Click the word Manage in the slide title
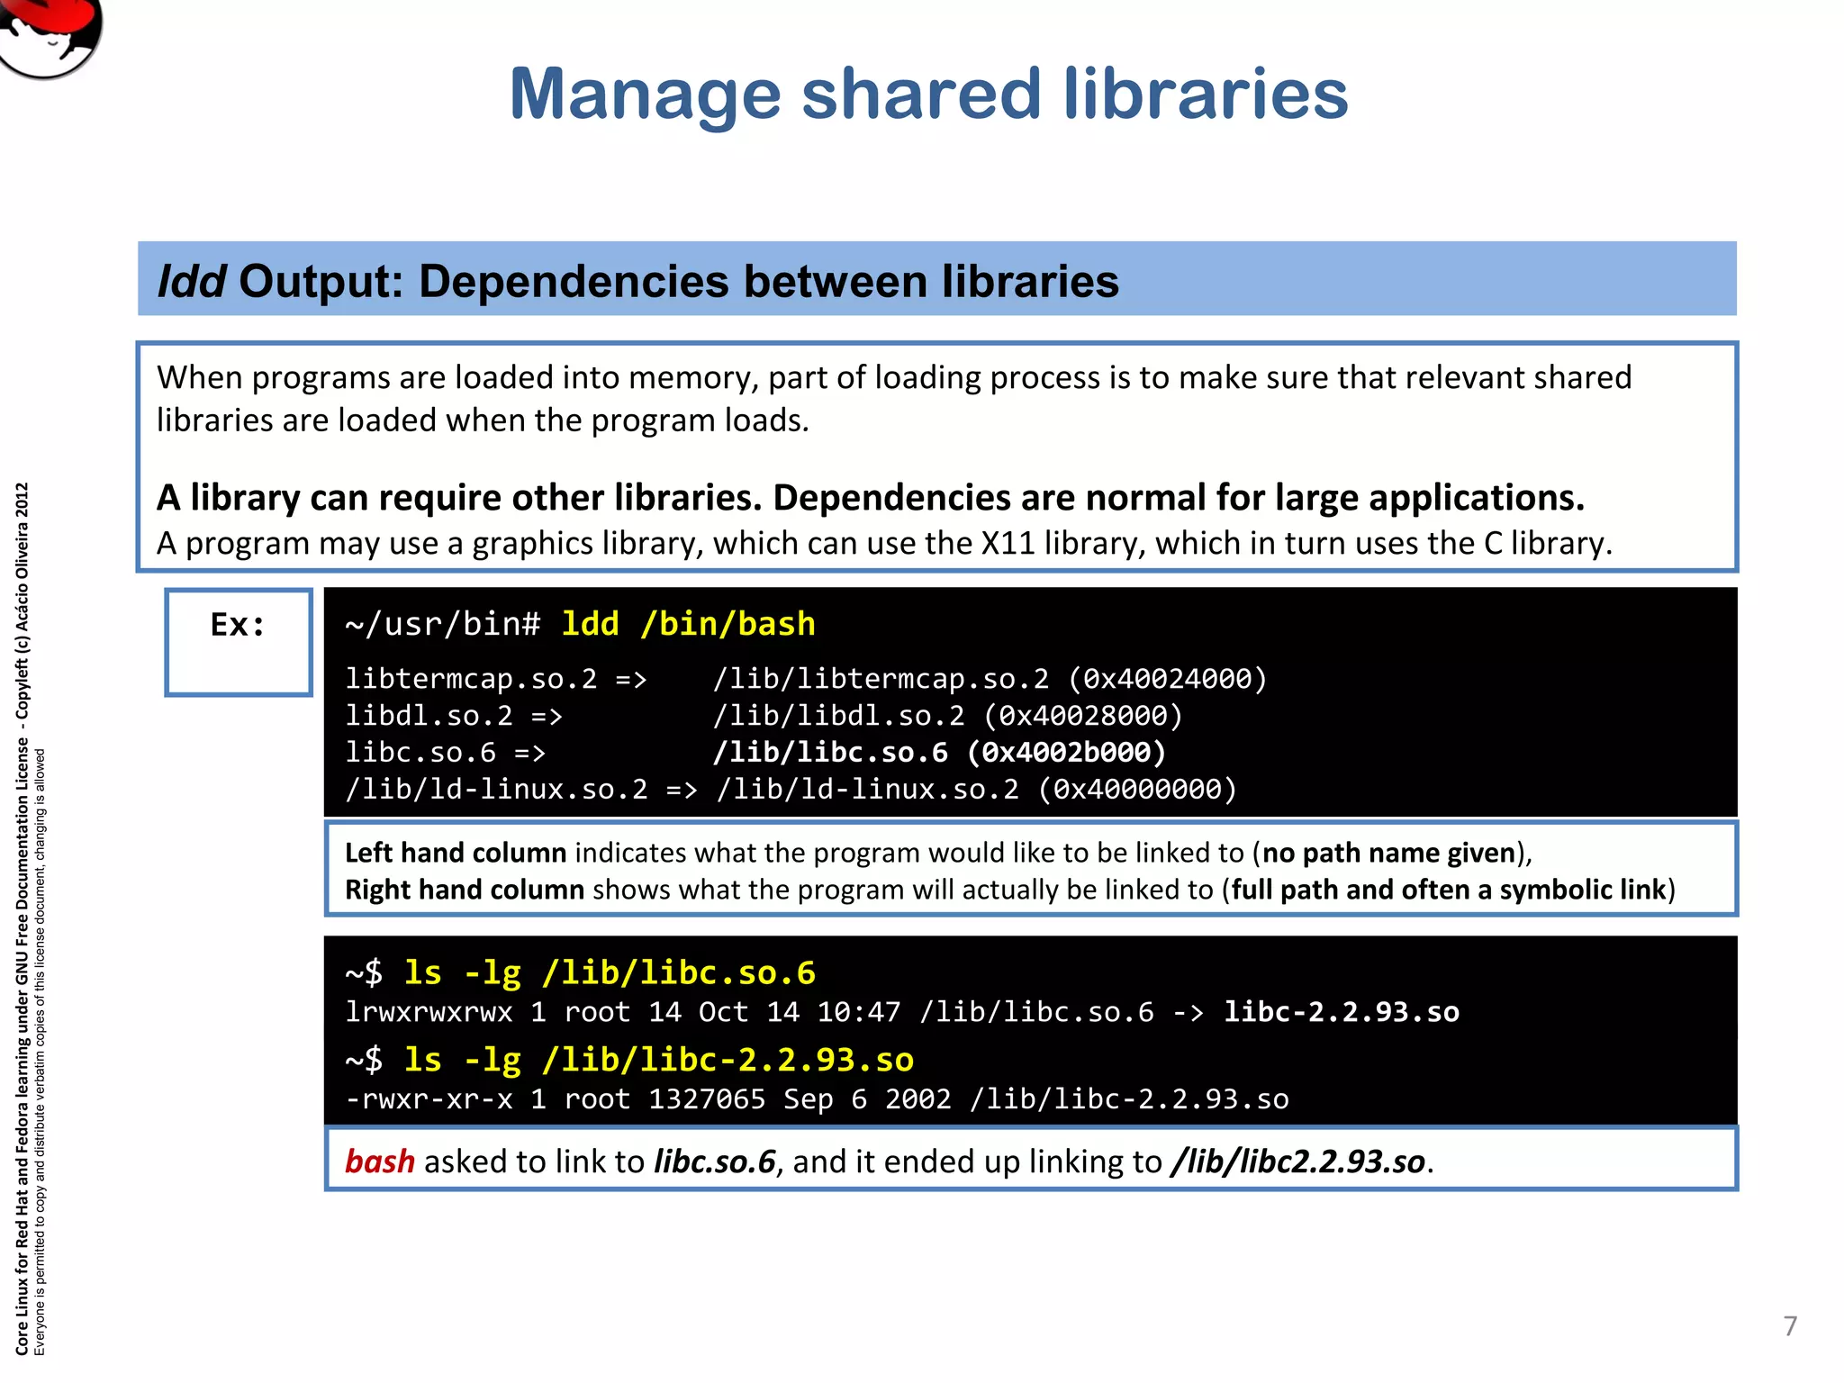pos(645,95)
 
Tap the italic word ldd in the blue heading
pos(191,281)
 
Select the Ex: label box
pos(239,641)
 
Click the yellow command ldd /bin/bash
pos(688,624)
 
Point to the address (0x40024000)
pos(1168,679)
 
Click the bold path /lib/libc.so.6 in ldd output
pos(830,753)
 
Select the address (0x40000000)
pos(1138,790)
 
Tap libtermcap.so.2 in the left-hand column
pos(471,679)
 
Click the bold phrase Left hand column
pos(456,853)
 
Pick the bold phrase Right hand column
pos(465,890)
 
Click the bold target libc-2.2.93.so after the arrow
pos(1342,1012)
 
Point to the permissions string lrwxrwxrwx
pos(429,1012)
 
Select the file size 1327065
pos(707,1099)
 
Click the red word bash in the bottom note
pos(380,1162)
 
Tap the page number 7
pos(1790,1325)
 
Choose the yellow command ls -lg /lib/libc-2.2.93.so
pos(658,1060)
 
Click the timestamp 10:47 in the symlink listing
pos(858,1012)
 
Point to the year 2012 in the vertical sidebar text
pos(23,501)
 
